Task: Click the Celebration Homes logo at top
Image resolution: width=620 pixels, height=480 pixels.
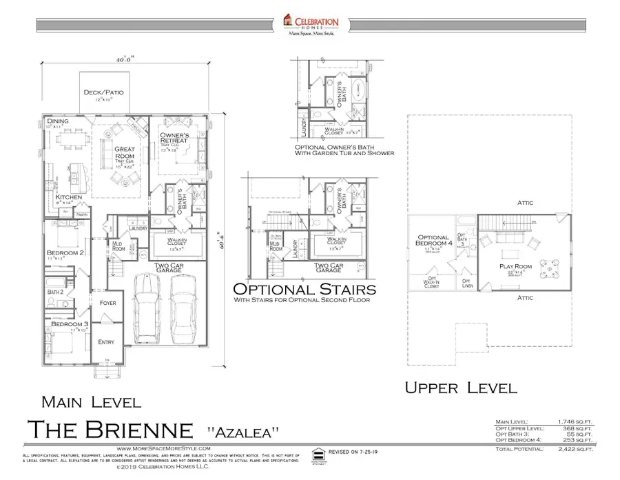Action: (311, 24)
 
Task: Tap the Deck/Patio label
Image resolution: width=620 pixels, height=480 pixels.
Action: (102, 92)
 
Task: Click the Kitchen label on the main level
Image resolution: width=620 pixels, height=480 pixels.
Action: (69, 197)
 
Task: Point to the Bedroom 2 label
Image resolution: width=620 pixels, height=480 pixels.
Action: (66, 254)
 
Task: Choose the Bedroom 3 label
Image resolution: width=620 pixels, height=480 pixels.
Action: (66, 323)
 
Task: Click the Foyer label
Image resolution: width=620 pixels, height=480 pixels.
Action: (107, 303)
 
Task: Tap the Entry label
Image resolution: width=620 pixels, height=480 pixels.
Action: (107, 342)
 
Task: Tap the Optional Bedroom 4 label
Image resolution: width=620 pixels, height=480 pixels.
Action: (433, 241)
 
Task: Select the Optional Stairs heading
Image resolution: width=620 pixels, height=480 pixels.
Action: (305, 288)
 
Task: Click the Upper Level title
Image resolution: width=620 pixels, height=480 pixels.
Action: (460, 388)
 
